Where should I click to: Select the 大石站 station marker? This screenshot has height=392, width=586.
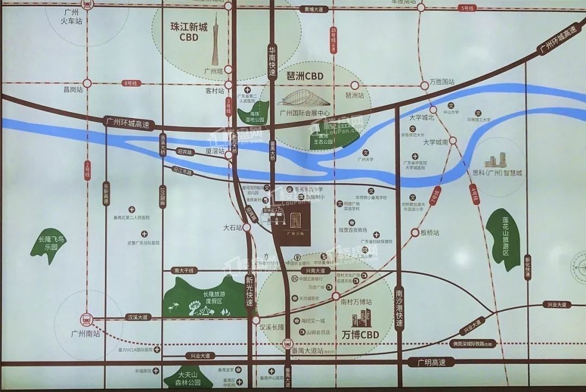tap(247, 228)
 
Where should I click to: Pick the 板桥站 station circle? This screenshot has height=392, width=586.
tap(415, 233)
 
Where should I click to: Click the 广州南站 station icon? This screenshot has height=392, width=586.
tap(85, 319)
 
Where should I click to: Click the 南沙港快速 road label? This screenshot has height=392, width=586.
tap(400, 306)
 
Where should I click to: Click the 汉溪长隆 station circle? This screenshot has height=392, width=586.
tap(256, 320)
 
